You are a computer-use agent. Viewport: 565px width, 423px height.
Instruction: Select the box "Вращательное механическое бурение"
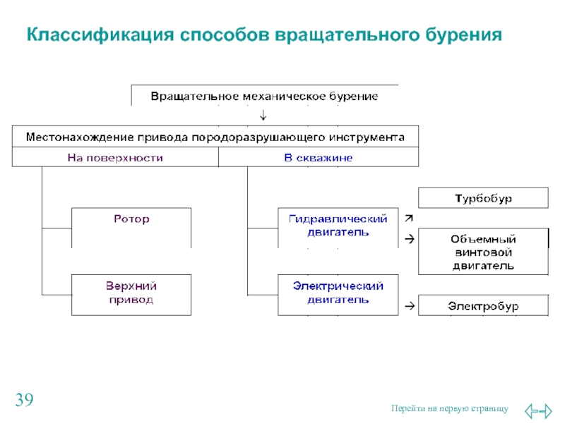(265, 95)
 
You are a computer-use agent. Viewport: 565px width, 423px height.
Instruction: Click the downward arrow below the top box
(263, 115)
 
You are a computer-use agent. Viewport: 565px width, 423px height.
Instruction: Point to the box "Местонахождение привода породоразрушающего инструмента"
(215, 136)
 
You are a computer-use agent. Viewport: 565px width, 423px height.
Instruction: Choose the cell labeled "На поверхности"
(115, 158)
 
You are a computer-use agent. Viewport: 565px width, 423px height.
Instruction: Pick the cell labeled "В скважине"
(319, 158)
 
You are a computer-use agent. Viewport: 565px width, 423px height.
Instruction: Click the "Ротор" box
(131, 227)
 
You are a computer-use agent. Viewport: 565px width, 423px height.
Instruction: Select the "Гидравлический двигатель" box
(338, 227)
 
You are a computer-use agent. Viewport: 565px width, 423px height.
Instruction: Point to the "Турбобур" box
(483, 198)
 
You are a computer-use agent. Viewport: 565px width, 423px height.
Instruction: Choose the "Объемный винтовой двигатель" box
(483, 252)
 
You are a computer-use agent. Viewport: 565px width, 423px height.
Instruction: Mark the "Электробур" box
(483, 306)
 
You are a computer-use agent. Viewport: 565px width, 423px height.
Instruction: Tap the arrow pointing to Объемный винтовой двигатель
(408, 240)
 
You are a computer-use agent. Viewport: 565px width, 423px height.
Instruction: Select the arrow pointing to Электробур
(408, 306)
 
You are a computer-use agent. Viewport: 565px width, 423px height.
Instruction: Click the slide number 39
(24, 402)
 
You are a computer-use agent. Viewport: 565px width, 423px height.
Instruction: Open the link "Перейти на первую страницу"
(449, 409)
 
